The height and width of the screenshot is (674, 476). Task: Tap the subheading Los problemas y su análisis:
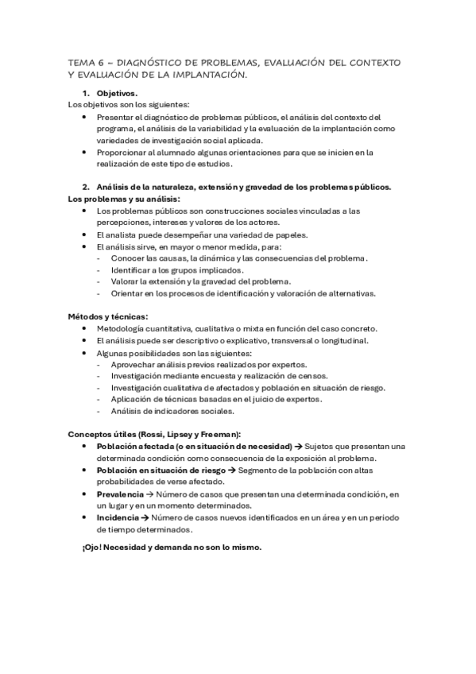pos(124,198)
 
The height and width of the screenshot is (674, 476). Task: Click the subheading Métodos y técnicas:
pos(108,316)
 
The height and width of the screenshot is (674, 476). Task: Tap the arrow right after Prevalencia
pos(150,494)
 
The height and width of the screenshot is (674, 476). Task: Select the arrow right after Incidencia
pos(145,517)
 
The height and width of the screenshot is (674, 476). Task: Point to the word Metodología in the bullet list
pos(123,329)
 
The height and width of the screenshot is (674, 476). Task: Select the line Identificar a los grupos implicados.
pos(176,269)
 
